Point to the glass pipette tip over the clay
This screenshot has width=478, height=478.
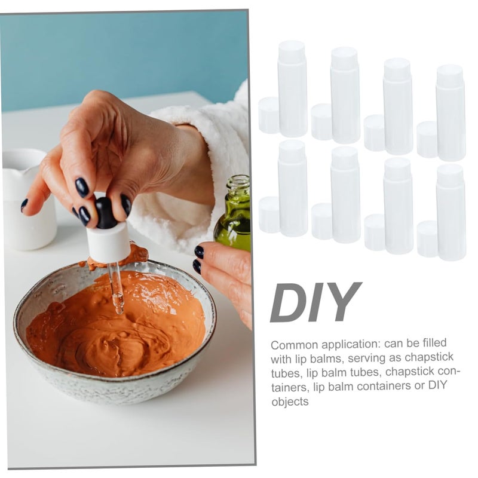click(x=119, y=307)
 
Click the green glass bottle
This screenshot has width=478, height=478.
click(x=234, y=213)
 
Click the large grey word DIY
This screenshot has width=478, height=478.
click(x=316, y=302)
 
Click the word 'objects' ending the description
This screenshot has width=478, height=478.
click(x=290, y=402)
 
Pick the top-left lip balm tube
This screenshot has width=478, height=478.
click(x=292, y=88)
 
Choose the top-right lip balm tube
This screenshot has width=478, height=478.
click(x=451, y=112)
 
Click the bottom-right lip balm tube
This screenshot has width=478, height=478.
click(x=451, y=212)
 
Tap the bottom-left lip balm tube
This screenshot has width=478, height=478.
click(x=292, y=188)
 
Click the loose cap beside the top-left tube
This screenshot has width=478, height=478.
click(x=268, y=115)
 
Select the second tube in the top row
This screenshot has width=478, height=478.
click(x=345, y=95)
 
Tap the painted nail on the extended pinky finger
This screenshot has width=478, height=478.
click(x=24, y=205)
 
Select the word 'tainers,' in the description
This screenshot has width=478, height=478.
click(x=289, y=387)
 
